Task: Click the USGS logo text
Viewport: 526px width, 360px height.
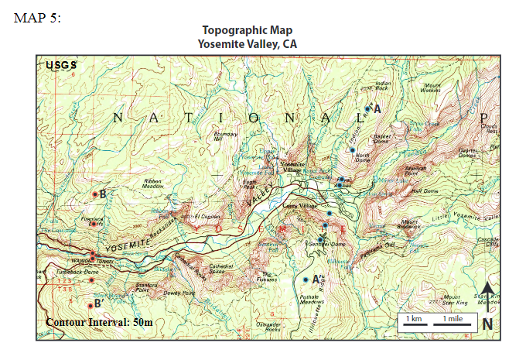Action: pyautogui.click(x=61, y=65)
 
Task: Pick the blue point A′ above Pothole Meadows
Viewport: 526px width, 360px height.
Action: pyautogui.click(x=306, y=279)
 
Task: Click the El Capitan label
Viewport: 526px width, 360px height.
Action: pyautogui.click(x=207, y=216)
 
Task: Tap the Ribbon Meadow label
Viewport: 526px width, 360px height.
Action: pyautogui.click(x=153, y=184)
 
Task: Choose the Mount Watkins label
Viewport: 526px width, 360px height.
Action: pyautogui.click(x=432, y=87)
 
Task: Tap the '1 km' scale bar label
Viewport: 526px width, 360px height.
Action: pyautogui.click(x=415, y=319)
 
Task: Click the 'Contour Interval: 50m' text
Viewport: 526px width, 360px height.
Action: pyautogui.click(x=99, y=322)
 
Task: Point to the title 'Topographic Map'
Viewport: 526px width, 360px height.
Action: pyautogui.click(x=247, y=30)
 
